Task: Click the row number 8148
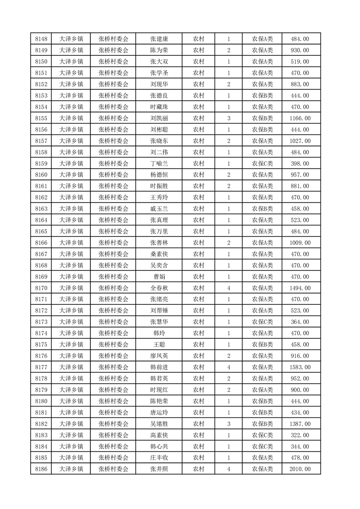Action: pyautogui.click(x=41, y=39)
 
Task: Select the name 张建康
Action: pyautogui.click(x=159, y=39)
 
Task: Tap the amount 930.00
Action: pyautogui.click(x=300, y=50)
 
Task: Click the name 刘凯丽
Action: pyautogui.click(x=159, y=118)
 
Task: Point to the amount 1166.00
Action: pyautogui.click(x=300, y=118)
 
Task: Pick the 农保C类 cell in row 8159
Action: pyautogui.click(x=262, y=163)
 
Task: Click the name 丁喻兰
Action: pyautogui.click(x=159, y=163)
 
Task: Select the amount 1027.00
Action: pyautogui.click(x=300, y=141)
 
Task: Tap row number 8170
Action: pyautogui.click(x=41, y=288)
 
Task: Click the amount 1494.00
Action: pyautogui.click(x=300, y=288)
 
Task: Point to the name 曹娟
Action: pyautogui.click(x=159, y=277)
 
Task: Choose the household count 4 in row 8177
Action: pyautogui.click(x=228, y=367)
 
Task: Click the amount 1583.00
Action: pyautogui.click(x=300, y=367)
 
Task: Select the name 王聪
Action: pyautogui.click(x=159, y=344)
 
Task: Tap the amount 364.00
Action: pyautogui.click(x=300, y=322)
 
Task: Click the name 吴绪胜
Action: pyautogui.click(x=159, y=424)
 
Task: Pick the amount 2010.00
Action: pyautogui.click(x=300, y=469)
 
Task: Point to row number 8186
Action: pyautogui.click(x=41, y=469)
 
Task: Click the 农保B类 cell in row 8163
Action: pyautogui.click(x=262, y=209)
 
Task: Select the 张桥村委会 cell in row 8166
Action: pyautogui.click(x=113, y=243)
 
